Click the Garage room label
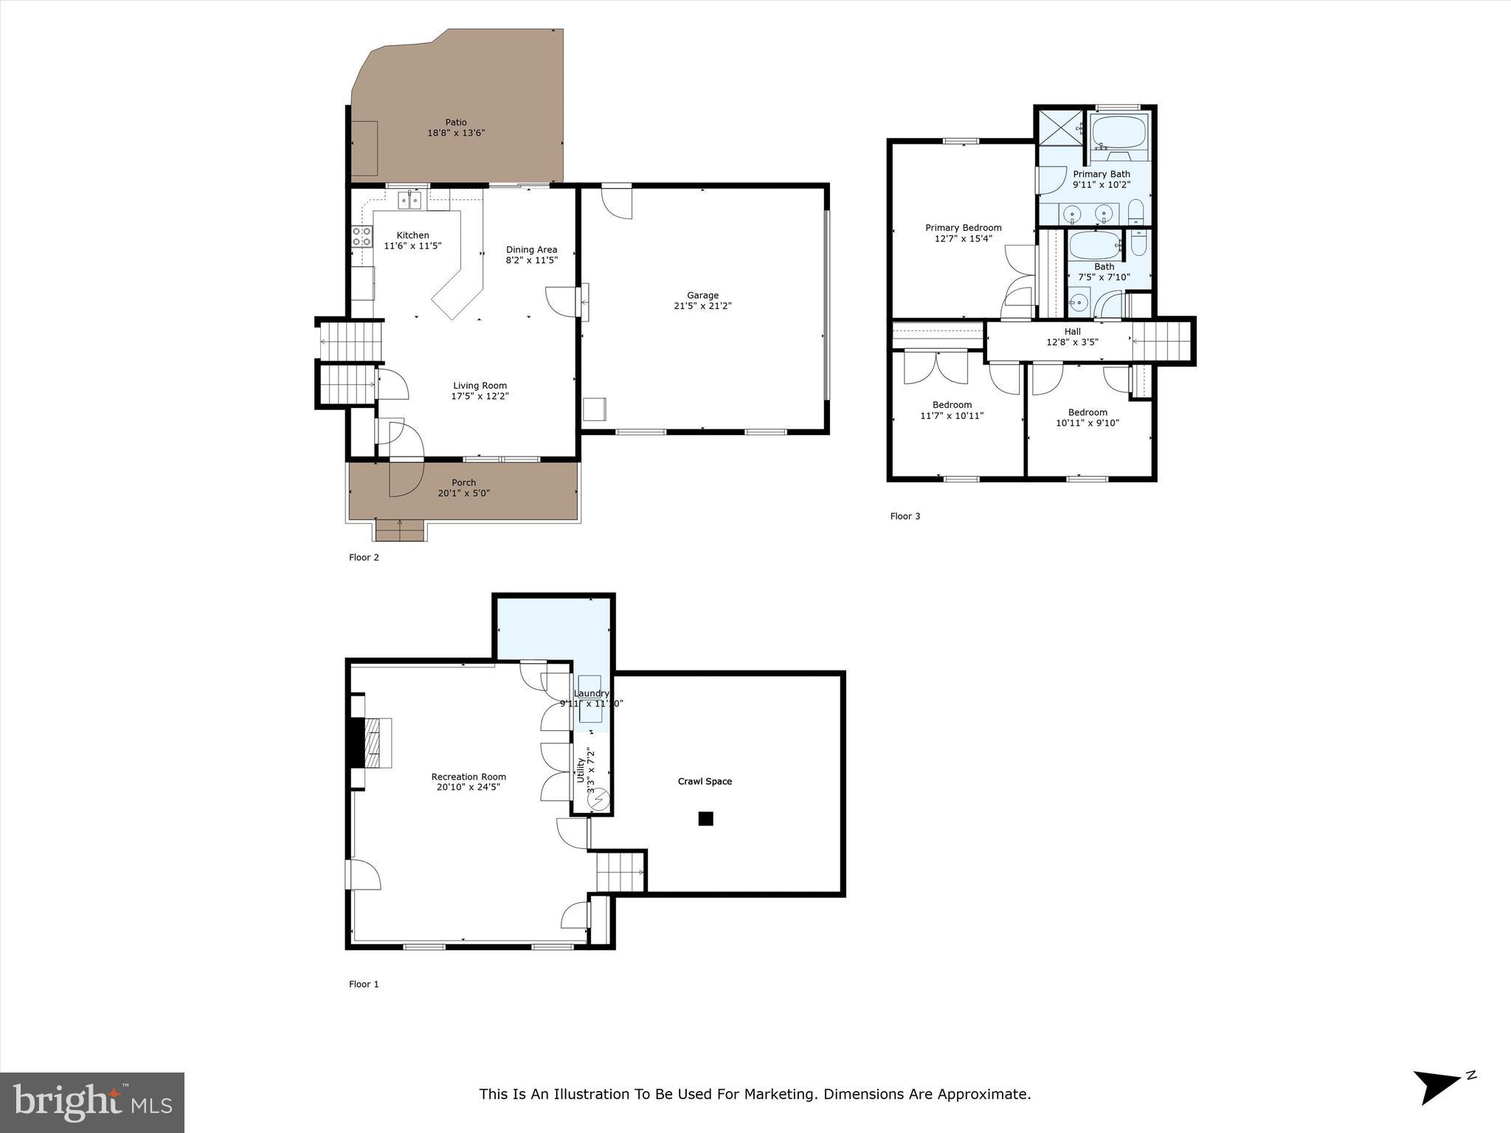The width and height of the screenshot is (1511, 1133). click(x=702, y=296)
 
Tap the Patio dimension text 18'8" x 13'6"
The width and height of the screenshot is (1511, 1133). click(x=456, y=134)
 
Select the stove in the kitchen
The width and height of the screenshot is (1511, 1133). click(x=362, y=237)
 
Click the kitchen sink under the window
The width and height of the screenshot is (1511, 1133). click(x=409, y=200)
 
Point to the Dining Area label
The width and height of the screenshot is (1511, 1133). click(x=531, y=249)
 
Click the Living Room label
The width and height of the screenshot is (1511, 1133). click(x=480, y=386)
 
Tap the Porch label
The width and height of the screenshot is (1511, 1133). click(x=463, y=482)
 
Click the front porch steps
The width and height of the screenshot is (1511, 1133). click(x=400, y=530)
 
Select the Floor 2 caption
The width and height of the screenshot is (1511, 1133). click(x=364, y=558)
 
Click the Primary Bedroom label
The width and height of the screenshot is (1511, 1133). click(x=963, y=228)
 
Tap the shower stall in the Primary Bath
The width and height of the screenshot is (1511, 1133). click(x=1060, y=128)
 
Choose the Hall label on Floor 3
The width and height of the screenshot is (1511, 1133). click(x=1072, y=332)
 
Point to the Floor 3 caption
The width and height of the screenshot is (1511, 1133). click(x=905, y=516)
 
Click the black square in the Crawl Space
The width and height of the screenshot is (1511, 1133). click(x=705, y=818)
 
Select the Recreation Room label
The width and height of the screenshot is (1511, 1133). click(x=468, y=777)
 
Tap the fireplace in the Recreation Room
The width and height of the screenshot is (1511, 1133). click(x=372, y=744)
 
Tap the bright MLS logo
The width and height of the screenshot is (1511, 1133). click(x=91, y=1102)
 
